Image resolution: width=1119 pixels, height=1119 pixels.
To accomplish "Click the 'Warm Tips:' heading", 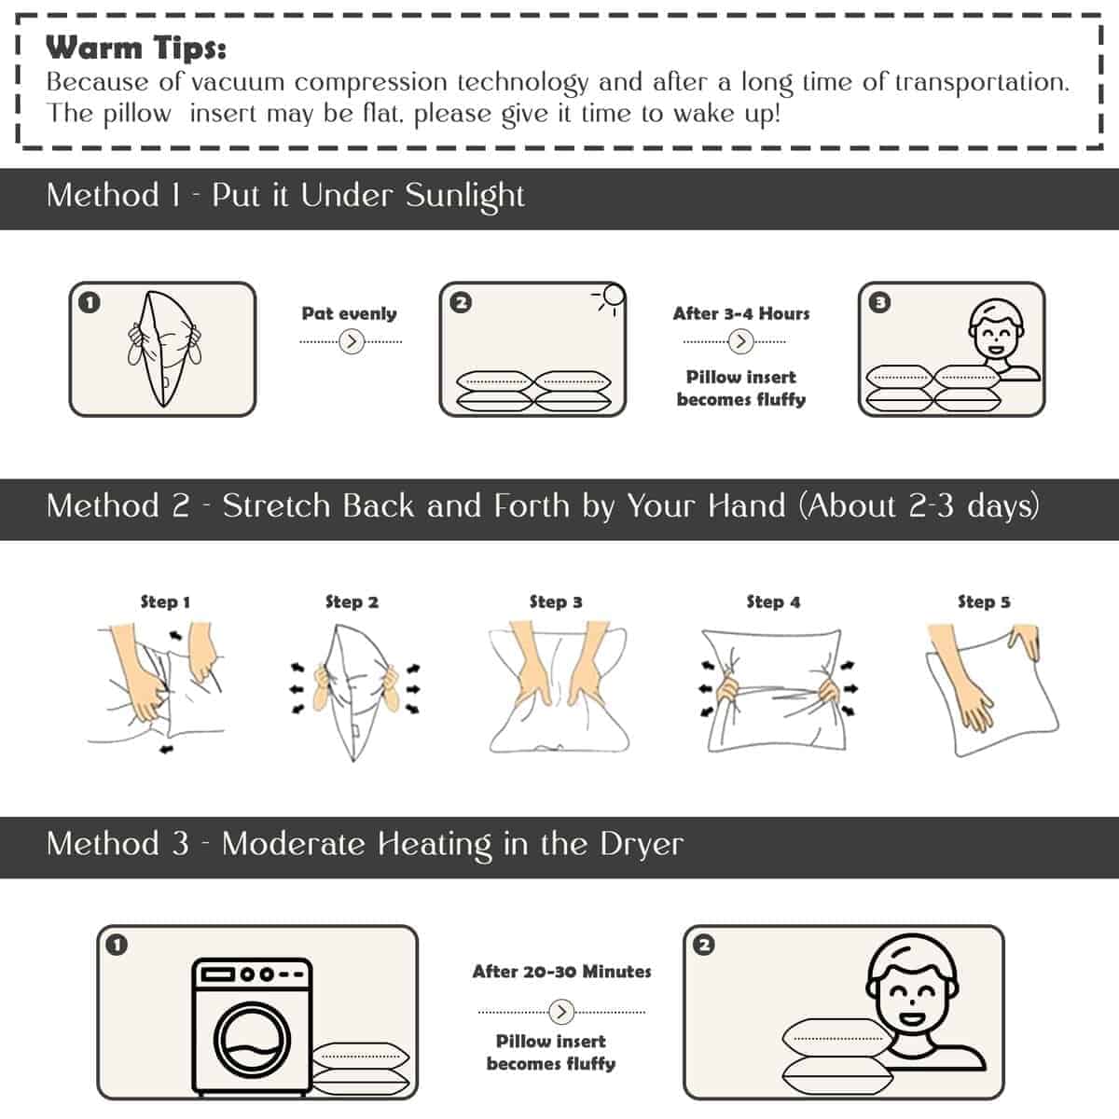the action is [x=136, y=48].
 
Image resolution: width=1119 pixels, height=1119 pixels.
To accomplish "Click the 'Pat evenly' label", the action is [x=350, y=313].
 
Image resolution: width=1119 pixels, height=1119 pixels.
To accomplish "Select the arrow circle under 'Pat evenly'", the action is [x=352, y=341].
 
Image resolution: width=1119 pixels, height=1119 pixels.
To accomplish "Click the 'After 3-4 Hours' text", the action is [x=741, y=313].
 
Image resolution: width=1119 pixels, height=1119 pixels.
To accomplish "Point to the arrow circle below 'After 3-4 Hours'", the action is [x=741, y=341].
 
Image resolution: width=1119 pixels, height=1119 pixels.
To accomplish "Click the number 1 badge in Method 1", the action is [x=90, y=302].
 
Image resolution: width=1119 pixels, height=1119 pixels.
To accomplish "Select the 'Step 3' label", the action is [x=556, y=601].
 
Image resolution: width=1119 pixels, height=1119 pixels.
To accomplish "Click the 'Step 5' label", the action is [x=985, y=601].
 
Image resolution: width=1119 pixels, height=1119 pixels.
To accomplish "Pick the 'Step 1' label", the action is [x=165, y=601].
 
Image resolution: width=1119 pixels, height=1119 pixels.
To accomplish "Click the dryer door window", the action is [x=252, y=1041].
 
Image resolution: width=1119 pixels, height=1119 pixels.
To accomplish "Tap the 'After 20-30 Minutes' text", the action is [x=561, y=972].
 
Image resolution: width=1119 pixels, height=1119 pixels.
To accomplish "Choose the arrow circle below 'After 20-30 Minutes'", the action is [x=561, y=1012].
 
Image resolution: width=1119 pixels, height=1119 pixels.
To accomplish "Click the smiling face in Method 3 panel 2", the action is [x=912, y=988].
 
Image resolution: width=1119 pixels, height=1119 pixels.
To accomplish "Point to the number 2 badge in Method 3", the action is [x=704, y=946].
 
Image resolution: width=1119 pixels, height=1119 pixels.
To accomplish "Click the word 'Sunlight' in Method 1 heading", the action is [x=464, y=196].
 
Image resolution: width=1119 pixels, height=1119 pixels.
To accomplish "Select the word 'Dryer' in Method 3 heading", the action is [x=641, y=845].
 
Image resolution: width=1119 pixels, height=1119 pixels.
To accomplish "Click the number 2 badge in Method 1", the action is [x=461, y=302].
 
